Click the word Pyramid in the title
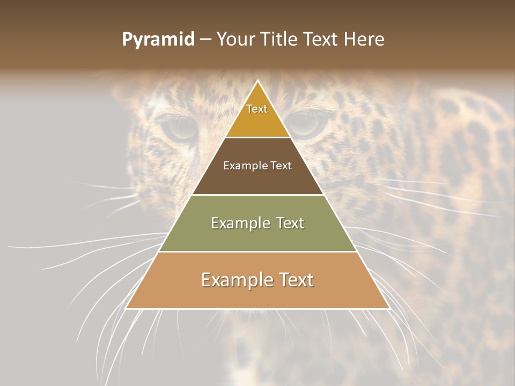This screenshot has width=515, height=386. [158, 40]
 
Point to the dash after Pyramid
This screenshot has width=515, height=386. [205, 40]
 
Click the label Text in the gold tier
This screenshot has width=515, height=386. [257, 109]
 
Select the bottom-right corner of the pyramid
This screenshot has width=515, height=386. [389, 308]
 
